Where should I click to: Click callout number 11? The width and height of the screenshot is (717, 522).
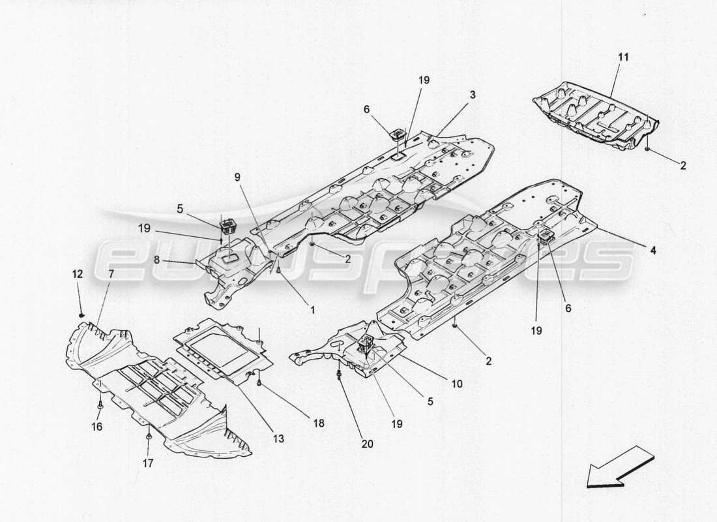(623, 57)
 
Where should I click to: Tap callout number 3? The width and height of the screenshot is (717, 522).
(472, 95)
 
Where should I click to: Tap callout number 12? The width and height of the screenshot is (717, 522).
(77, 274)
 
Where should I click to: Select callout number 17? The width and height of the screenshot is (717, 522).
(148, 464)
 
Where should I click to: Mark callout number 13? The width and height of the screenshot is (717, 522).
(278, 439)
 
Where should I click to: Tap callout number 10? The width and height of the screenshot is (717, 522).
(456, 384)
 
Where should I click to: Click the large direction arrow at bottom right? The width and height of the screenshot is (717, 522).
(619, 467)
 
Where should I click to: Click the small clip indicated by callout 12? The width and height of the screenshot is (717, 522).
(81, 316)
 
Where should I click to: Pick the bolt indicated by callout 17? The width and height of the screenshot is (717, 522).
(149, 435)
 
